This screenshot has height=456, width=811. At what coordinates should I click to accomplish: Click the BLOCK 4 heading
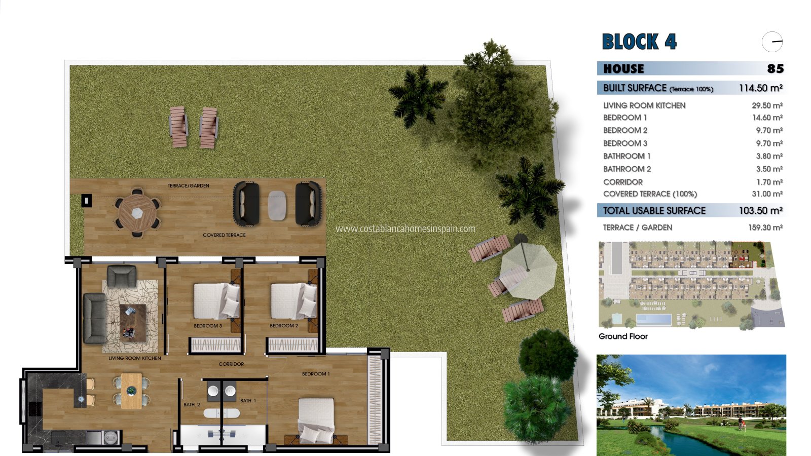[639, 42]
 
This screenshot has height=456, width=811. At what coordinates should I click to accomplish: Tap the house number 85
[775, 69]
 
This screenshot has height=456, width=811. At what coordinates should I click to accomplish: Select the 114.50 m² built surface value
[761, 88]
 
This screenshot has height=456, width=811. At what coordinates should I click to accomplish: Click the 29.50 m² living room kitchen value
[767, 105]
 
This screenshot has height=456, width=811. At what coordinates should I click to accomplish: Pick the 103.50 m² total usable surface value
[761, 210]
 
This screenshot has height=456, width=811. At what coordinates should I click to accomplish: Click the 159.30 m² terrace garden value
[765, 227]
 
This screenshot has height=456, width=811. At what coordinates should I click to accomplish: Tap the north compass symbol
[772, 42]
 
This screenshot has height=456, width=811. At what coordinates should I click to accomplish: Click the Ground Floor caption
[623, 336]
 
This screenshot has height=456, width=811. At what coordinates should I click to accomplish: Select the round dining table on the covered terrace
[137, 213]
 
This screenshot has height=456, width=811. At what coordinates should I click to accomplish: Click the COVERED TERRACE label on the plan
[224, 235]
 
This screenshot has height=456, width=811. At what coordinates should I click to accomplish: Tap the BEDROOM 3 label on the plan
[208, 326]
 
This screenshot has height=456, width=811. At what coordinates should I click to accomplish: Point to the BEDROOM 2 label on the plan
[284, 326]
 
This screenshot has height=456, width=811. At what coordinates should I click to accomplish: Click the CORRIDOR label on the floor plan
[231, 364]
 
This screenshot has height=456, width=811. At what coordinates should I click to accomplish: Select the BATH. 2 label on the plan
[192, 405]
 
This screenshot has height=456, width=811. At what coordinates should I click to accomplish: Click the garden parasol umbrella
[528, 271]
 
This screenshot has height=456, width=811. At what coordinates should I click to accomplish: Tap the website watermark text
[405, 229]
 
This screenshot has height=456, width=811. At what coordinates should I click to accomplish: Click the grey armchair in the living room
[122, 276]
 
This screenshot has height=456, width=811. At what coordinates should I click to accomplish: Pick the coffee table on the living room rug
[132, 323]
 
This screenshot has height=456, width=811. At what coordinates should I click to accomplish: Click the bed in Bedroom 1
[316, 420]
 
